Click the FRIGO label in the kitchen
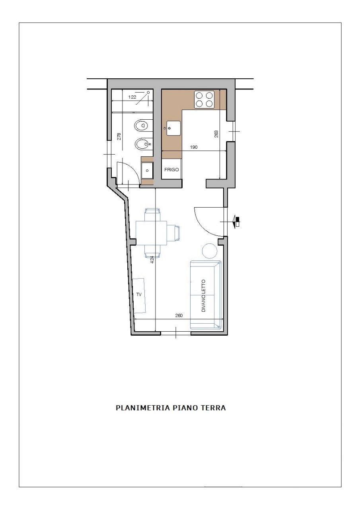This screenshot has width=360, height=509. [x=171, y=169]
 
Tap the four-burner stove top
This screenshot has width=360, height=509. [x=204, y=99]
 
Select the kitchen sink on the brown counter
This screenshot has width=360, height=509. [x=173, y=128]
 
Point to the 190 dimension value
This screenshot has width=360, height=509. [x=194, y=147]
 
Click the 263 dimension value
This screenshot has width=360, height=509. [x=216, y=134]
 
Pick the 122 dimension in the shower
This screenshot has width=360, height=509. [x=132, y=97]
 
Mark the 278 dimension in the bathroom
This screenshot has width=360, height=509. [x=119, y=136]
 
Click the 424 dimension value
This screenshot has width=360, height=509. [x=152, y=260]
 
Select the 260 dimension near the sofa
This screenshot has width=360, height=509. [x=179, y=315]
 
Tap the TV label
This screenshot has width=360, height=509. [x=139, y=295]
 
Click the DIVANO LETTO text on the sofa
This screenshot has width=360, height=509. [x=203, y=295]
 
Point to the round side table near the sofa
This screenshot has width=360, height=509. [x=210, y=251]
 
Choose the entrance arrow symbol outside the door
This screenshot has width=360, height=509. [x=236, y=221]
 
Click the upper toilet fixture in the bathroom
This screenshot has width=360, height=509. [x=142, y=125]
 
